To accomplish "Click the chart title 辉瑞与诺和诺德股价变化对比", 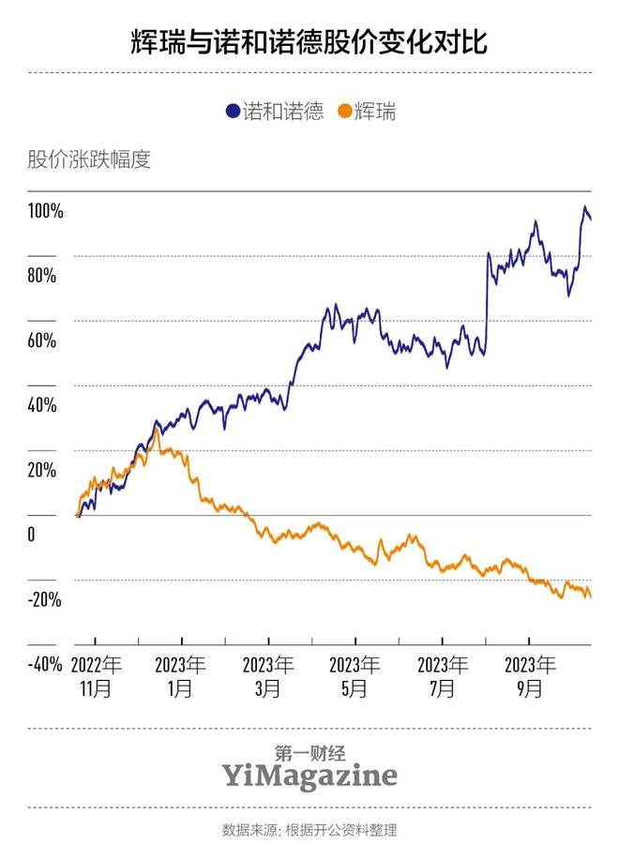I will (x=309, y=42).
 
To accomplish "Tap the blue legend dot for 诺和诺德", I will (x=232, y=112).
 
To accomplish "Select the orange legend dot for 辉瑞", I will (x=344, y=112).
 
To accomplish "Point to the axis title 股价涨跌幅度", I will (x=89, y=159).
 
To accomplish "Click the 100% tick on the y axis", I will (x=45, y=211).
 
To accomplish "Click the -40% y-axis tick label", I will (x=44, y=664).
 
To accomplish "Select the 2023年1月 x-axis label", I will (x=182, y=676).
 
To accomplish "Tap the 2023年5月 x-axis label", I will (x=355, y=676).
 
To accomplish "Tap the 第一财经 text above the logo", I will (x=309, y=752).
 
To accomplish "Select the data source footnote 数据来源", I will (x=309, y=829).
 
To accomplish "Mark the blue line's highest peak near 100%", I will (x=585, y=207).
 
